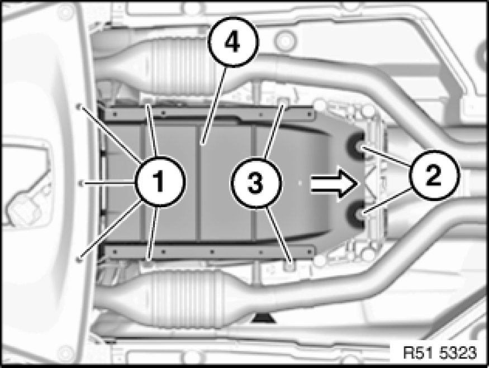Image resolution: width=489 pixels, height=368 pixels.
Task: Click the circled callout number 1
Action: pyautogui.click(x=160, y=181)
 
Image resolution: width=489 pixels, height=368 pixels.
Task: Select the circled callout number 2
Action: pyautogui.click(x=434, y=175)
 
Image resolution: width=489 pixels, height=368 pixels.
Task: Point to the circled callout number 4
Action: pyautogui.click(x=233, y=42)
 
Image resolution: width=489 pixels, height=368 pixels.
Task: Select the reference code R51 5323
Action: pyautogui.click(x=440, y=353)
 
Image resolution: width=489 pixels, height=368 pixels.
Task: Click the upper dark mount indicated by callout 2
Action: pyautogui.click(x=357, y=146)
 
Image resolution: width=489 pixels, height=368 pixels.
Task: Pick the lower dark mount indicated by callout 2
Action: pyautogui.click(x=357, y=214)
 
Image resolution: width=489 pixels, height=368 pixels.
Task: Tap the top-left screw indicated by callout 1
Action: pyautogui.click(x=79, y=107)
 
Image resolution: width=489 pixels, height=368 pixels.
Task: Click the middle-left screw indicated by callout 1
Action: pyautogui.click(x=80, y=183)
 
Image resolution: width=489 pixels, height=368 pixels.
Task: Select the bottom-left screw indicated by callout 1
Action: pyautogui.click(x=79, y=258)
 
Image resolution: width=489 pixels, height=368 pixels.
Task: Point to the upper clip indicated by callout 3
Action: pyautogui.click(x=283, y=101)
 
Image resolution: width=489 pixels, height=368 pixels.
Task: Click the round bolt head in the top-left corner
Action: pyautogui.click(x=65, y=12)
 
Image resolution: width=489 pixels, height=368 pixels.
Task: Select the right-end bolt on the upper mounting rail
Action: pyautogui.click(x=310, y=114)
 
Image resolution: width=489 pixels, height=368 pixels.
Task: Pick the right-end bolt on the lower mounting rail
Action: pyautogui.click(x=310, y=251)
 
